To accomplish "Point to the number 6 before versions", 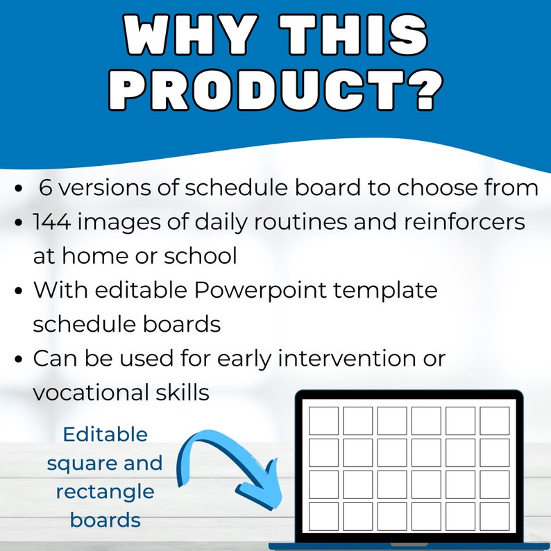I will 45,187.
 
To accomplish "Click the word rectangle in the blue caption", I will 105,491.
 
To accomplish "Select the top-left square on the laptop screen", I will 323,421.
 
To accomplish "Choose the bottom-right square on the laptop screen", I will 494,516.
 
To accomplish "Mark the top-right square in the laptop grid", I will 494,421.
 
